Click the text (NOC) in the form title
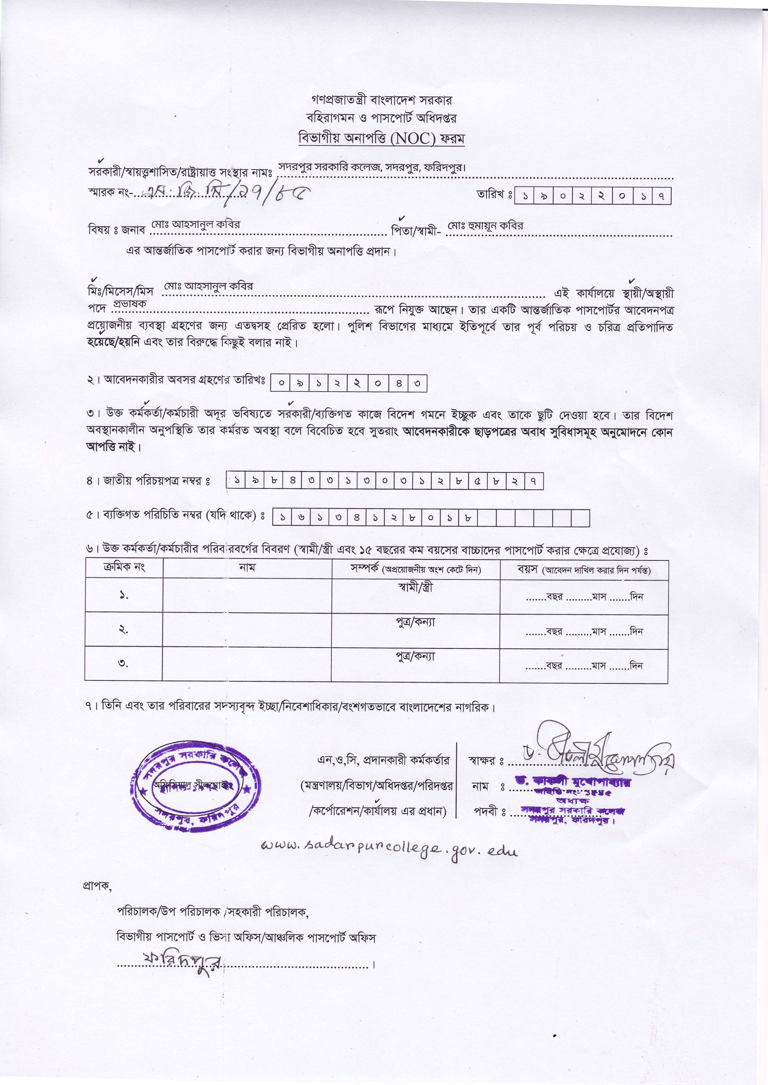pos(412,139)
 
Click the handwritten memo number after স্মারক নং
pos(227,192)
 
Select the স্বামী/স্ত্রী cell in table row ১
pos(415,588)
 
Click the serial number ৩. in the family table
pos(123,663)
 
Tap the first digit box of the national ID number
pos(236,481)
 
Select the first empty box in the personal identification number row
pos(487,518)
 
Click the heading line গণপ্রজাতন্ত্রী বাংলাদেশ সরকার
pos(381,100)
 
